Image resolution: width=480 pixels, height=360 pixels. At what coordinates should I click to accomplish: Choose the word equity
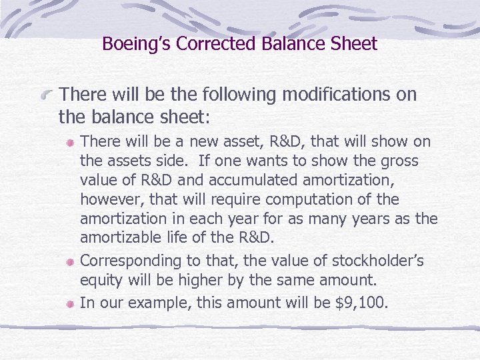(100, 281)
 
